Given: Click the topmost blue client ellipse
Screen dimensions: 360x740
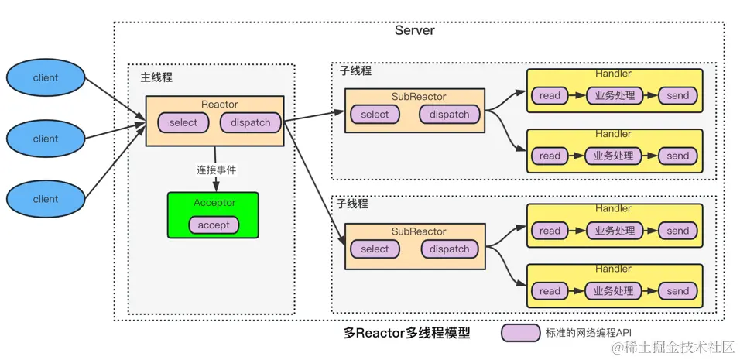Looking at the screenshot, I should [x=46, y=78].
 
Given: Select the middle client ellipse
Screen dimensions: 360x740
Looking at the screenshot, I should [x=46, y=139].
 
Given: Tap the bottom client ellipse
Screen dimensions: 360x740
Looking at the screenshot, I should [x=46, y=199].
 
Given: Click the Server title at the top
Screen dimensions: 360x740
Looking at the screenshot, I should [x=415, y=31].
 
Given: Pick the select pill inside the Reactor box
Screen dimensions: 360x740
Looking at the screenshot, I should [x=183, y=122].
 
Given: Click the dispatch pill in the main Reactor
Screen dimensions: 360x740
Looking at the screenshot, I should [x=250, y=122].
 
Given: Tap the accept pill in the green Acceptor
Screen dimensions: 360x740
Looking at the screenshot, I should [x=214, y=225].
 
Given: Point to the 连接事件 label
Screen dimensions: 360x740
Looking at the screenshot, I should [x=215, y=168].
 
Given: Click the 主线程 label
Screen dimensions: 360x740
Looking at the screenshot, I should [x=156, y=77].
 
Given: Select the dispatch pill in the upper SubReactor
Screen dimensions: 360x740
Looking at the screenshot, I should [x=449, y=115].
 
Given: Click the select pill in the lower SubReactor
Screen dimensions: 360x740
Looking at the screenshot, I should [x=375, y=249].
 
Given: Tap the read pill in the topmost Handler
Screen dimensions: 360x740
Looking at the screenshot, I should [x=550, y=96].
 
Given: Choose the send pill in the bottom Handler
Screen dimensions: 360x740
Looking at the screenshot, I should [x=677, y=291].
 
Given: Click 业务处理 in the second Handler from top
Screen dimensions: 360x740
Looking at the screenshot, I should [x=613, y=156].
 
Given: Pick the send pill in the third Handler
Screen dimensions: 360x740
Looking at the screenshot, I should [x=677, y=231].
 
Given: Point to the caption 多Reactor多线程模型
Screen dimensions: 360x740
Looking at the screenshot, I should [x=406, y=334].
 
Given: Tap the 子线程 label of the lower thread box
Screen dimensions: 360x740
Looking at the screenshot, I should [x=354, y=204].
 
